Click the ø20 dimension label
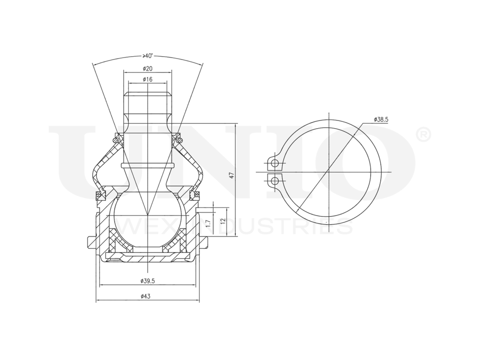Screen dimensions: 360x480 [x=147, y=69]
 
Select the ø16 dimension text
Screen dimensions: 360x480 [x=147, y=79]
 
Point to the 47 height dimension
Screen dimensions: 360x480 [x=231, y=176]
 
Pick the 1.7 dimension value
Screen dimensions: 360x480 [x=207, y=223]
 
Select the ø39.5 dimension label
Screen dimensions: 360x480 [x=147, y=281]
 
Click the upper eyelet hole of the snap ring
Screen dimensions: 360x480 [x=275, y=164]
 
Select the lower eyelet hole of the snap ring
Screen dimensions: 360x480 [x=275, y=181]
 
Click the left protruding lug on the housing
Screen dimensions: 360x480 [x=91, y=242]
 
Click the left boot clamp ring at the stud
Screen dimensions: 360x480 [x=115, y=140]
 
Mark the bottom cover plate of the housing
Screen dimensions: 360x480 [x=147, y=259]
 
